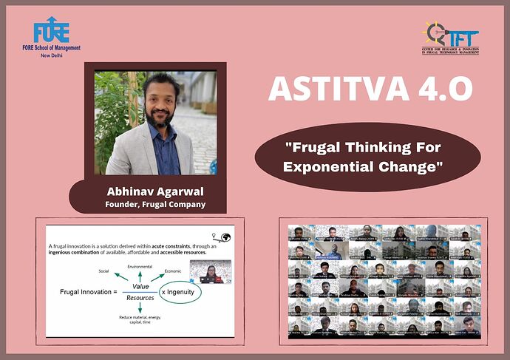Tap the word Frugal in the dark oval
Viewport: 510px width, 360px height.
[311, 146]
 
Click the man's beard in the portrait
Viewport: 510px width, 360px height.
[158, 118]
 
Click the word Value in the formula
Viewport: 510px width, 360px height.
[140, 285]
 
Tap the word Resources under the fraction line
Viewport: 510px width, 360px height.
[140, 297]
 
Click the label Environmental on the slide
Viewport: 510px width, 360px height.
[140, 265]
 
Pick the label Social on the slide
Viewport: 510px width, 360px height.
[103, 271]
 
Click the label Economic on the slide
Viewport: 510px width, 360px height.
[174, 271]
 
